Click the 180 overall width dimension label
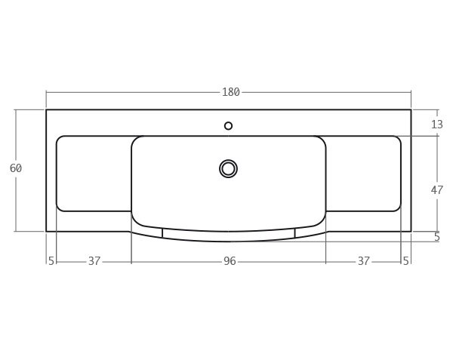(x=230, y=92)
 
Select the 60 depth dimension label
(x=16, y=168)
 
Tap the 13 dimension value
(x=437, y=125)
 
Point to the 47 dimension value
(x=437, y=190)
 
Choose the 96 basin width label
(x=230, y=261)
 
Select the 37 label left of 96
(x=94, y=261)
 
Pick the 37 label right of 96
(x=364, y=261)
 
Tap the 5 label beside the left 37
(x=51, y=261)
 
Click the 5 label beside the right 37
(x=406, y=261)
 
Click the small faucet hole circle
(x=229, y=126)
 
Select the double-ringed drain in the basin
(x=229, y=168)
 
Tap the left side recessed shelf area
(x=94, y=174)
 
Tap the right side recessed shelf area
(x=363, y=174)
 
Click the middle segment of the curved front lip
(x=229, y=236)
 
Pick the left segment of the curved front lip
(x=147, y=232)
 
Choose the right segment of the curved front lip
(x=310, y=232)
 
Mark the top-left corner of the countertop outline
(x=46, y=110)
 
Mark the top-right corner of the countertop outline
(x=411, y=110)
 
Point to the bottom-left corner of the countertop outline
(x=46, y=231)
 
